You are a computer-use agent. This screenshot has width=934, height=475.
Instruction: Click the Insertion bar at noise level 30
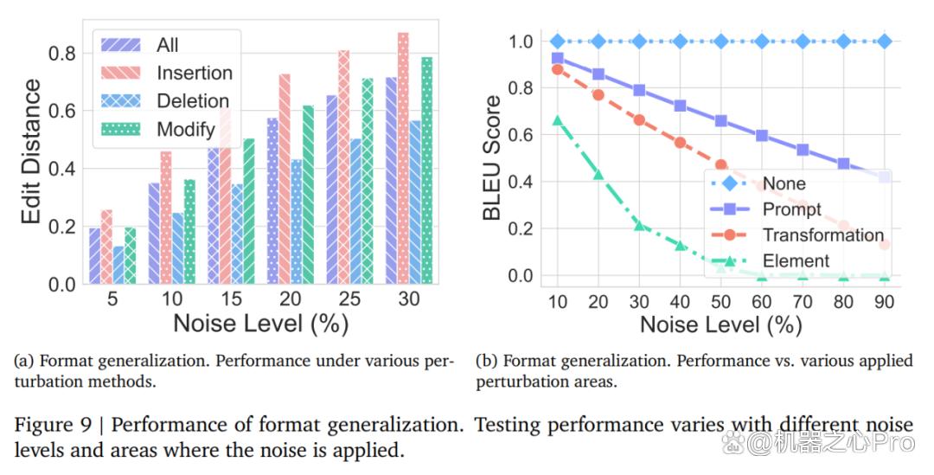point(403,158)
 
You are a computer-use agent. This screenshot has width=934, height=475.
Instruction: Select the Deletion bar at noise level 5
point(118,265)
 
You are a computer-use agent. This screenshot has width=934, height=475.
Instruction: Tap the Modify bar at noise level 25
point(368,181)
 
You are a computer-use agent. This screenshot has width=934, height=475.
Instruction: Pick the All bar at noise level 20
point(272,201)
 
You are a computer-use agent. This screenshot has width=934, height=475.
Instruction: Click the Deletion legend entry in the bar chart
point(165,100)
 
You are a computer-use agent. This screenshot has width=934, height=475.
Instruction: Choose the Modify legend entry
point(158,129)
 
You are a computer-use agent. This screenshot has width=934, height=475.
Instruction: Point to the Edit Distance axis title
point(31,151)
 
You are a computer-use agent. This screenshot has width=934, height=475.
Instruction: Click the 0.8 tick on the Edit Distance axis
point(62,53)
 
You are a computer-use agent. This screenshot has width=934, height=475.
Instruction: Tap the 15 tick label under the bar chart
point(231,298)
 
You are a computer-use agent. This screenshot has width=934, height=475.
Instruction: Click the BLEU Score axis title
point(492,158)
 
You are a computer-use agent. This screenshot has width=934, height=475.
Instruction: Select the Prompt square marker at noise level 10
point(558,58)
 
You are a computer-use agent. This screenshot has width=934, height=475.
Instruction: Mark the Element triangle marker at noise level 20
point(598,174)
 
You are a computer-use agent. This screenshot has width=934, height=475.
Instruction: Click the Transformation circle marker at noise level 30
point(639,119)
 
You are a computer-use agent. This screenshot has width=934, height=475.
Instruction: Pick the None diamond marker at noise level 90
point(885,42)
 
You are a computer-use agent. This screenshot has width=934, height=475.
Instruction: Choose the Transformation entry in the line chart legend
point(798,234)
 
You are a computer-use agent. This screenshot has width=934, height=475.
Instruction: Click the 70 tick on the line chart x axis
point(803,302)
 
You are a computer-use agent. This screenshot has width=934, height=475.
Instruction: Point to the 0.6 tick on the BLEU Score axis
point(521,135)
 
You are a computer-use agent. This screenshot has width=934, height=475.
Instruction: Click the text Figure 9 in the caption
point(53,425)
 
